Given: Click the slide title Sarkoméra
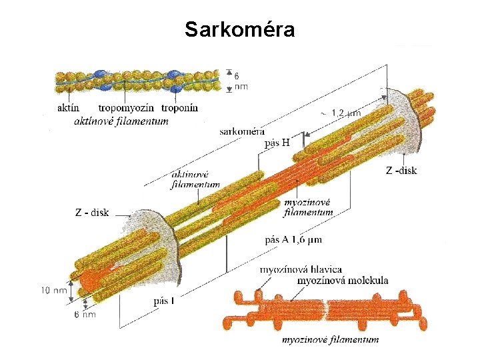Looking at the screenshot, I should pos(239,30).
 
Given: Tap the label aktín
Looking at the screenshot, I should pos(69,108).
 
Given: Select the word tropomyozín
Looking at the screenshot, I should pos(126,108).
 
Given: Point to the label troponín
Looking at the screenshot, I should pos(179,108).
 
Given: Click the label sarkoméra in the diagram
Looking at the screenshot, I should pos(242,131).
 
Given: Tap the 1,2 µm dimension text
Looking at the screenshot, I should pos(345,113).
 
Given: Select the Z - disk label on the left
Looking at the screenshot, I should pos(92,213).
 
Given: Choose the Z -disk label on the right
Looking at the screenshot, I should pos(401,171).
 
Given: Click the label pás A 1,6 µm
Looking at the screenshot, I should pos(293,239).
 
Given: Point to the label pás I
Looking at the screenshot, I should pos(164,301).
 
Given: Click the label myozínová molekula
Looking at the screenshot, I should pos(342,281).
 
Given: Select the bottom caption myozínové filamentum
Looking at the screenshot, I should pos(330,339).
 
